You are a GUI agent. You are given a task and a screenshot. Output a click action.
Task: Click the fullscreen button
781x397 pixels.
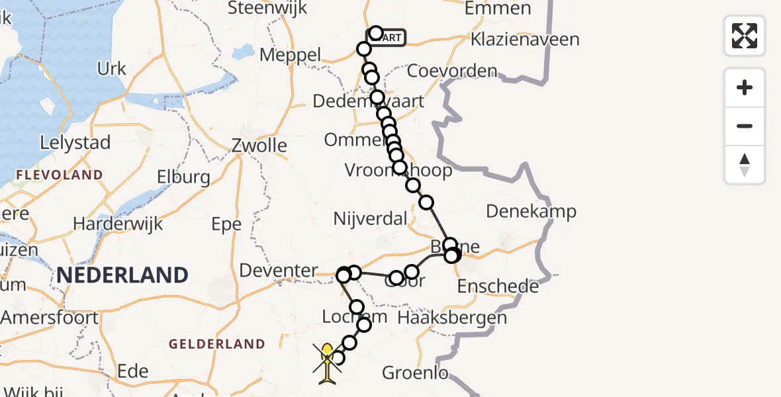745,36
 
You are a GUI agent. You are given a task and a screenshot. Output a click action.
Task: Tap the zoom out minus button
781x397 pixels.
745,126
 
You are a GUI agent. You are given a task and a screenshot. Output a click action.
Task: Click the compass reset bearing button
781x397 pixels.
745,164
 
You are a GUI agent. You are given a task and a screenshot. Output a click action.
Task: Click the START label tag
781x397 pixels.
390,38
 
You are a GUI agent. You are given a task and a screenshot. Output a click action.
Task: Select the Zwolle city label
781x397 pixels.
259,146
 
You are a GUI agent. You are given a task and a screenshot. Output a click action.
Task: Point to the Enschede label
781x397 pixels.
498,287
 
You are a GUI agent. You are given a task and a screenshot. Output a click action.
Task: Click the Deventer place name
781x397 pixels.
279,270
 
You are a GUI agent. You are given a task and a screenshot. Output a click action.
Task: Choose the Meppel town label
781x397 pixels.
290,55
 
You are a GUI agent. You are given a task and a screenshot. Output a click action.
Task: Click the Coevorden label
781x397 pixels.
452,71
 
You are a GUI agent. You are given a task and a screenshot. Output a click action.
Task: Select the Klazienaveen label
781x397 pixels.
525,39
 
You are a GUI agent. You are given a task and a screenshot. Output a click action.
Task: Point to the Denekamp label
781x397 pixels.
531,212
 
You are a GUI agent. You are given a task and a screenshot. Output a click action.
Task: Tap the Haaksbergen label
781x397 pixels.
452,318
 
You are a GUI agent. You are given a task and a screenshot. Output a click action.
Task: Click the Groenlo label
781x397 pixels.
415,373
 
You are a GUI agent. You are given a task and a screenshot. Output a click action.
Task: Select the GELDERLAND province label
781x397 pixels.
216,344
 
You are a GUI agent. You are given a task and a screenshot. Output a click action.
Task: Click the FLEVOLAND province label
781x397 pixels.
60,175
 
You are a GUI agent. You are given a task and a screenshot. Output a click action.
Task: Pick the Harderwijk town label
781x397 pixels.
118,224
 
